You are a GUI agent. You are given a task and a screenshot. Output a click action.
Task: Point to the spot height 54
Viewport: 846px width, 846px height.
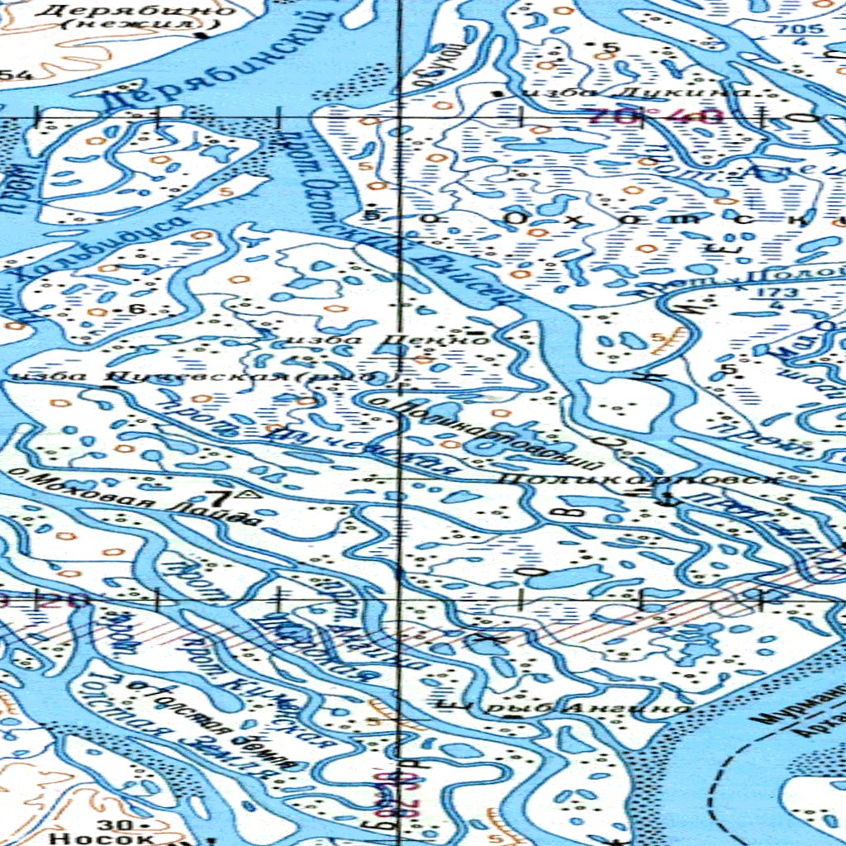[17, 76]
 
